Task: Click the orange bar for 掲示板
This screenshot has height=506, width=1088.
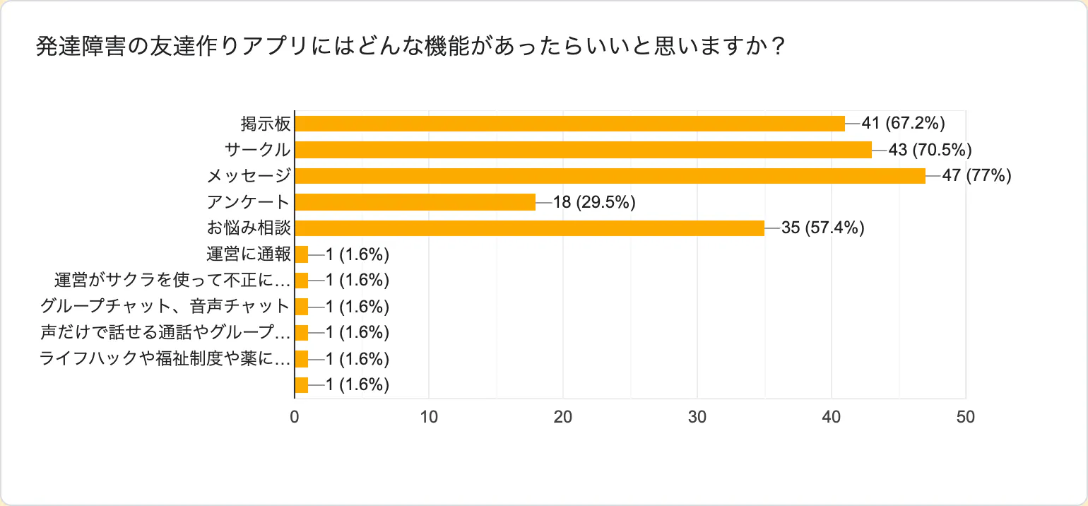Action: (x=569, y=124)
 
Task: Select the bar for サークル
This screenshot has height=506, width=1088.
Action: (x=583, y=150)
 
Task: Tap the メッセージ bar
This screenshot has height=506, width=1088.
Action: (x=610, y=176)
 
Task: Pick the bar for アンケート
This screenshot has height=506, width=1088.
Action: (x=415, y=202)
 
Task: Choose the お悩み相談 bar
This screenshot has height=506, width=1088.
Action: (x=529, y=228)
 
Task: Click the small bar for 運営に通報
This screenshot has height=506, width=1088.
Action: (x=302, y=254)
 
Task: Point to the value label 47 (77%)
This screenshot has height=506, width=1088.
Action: (x=977, y=176)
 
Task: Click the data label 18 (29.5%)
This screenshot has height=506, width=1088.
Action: (x=594, y=202)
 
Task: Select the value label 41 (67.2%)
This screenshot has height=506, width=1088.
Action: (x=903, y=124)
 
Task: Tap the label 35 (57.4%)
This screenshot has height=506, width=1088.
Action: (x=823, y=228)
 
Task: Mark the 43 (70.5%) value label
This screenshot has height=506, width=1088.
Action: (x=930, y=150)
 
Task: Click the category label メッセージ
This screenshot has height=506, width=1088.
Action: (x=249, y=176)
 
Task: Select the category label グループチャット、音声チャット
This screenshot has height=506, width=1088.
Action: (x=165, y=307)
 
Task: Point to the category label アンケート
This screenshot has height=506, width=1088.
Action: (x=249, y=202)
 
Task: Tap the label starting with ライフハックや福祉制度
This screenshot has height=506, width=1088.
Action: (x=165, y=359)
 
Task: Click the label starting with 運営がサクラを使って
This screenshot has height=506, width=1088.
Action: (x=172, y=281)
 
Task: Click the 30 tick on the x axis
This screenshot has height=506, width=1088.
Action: (x=697, y=417)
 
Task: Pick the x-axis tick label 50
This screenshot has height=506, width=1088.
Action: (x=965, y=417)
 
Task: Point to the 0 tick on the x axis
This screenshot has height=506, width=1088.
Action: (x=295, y=417)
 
